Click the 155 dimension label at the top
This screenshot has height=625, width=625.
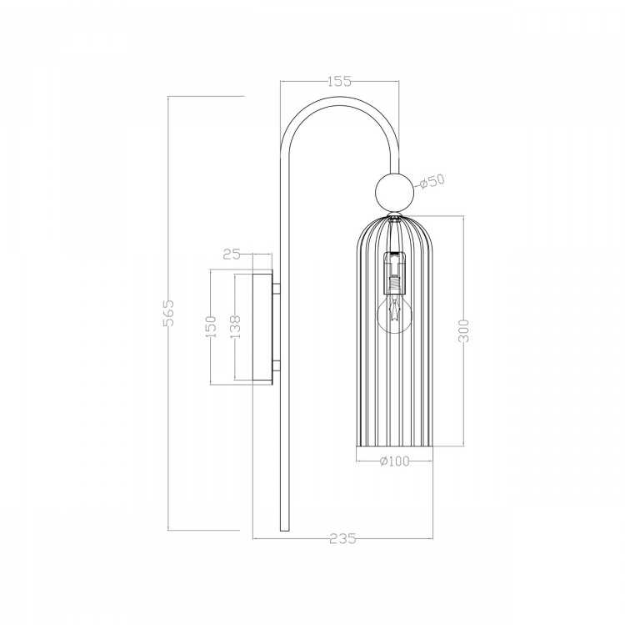[x=340, y=81]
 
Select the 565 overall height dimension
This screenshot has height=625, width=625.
[x=168, y=313]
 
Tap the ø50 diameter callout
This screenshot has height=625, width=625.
[x=432, y=182]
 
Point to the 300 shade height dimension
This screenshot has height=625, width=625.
[x=463, y=331]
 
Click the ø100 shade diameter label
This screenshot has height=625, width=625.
[x=395, y=461]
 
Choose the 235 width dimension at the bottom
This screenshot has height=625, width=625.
[x=342, y=538]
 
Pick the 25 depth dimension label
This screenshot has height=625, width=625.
[x=232, y=254]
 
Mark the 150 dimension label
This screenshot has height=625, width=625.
[x=211, y=326]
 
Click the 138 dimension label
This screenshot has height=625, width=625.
[x=235, y=326]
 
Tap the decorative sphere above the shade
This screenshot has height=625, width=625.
[x=395, y=192]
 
